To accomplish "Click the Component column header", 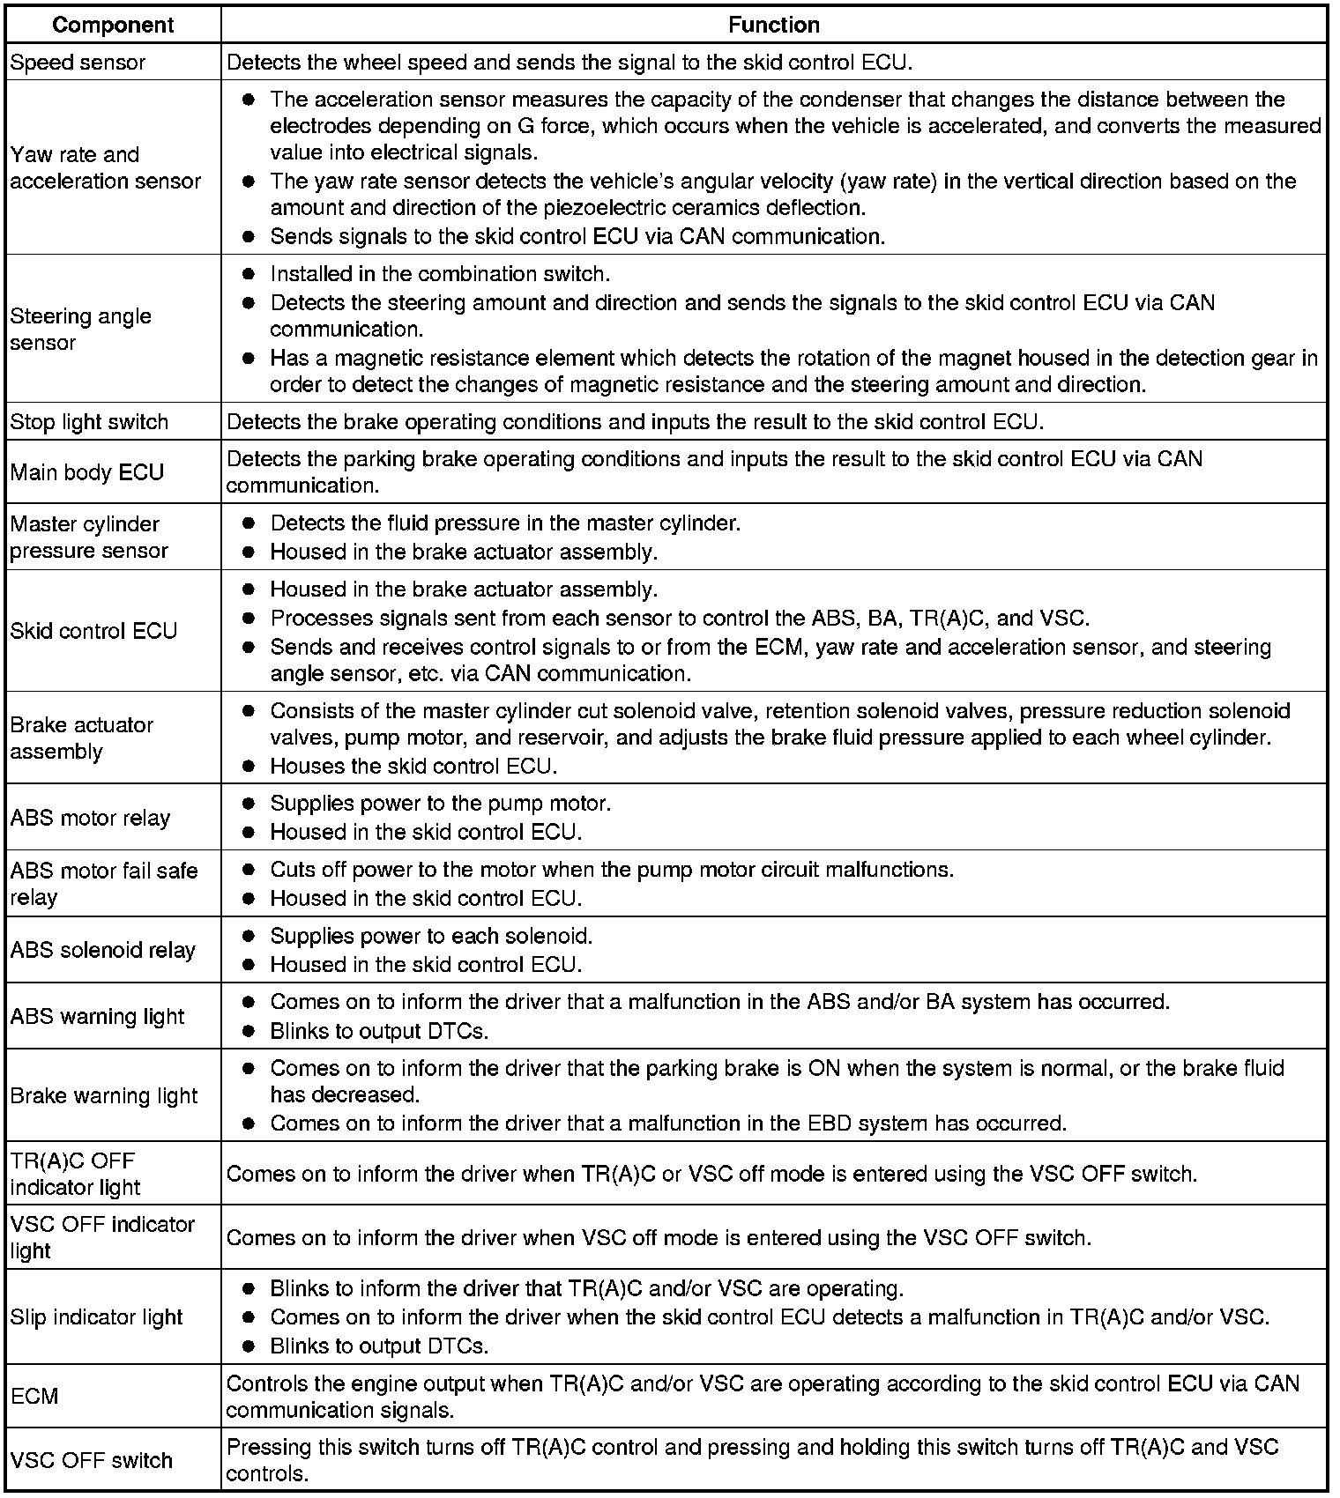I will coord(114,25).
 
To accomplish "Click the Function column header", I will coord(773,25).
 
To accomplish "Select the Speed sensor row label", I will coord(78,63).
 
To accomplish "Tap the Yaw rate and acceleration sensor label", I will coord(105,167).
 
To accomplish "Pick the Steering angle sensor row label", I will coord(80,329).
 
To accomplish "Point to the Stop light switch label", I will coord(89,422).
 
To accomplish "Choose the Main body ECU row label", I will coord(87,472).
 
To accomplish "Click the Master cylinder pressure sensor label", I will coord(88,537).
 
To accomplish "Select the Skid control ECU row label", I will coord(93,631).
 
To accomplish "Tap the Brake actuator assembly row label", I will coord(81,738).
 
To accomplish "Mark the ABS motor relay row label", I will coord(90,818).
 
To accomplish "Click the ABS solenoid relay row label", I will coord(102,950).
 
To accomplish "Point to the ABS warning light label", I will coord(97,1016).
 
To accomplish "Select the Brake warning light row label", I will coord(104,1095).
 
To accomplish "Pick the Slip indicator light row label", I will coord(96,1317).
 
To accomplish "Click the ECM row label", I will coord(34,1397).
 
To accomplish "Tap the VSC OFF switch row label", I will coord(91,1460).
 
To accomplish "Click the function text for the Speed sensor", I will coord(569,63).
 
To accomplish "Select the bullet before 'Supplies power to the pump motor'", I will coord(249,804).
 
